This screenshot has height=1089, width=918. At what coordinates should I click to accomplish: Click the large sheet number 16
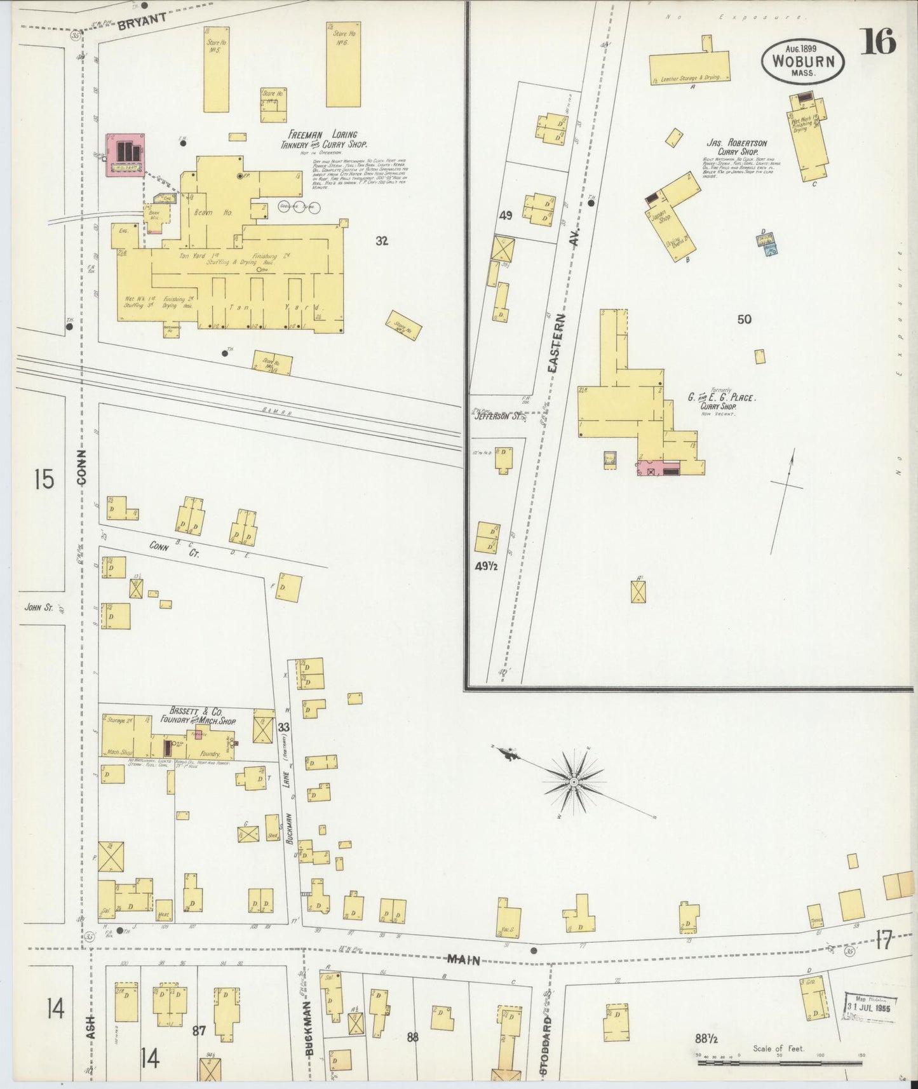879,42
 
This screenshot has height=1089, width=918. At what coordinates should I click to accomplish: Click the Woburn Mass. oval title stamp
804,61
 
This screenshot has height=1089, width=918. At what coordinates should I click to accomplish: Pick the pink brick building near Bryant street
126,156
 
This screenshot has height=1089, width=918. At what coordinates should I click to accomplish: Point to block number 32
381,241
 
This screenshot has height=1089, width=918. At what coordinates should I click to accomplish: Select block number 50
744,319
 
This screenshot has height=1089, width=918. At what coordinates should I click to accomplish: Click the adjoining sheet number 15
44,480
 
